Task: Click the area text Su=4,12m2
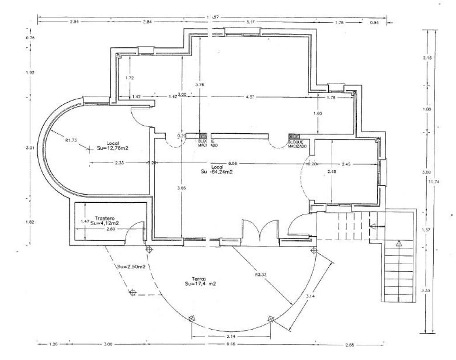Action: [x=107, y=224]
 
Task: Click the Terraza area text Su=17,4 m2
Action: [x=200, y=283]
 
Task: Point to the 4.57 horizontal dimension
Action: [x=250, y=97]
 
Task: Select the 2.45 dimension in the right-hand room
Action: [x=346, y=164]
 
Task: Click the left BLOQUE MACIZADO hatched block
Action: [x=203, y=136]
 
